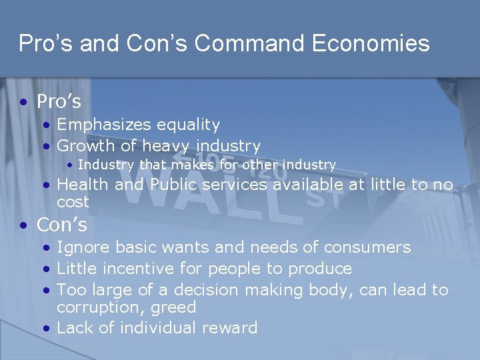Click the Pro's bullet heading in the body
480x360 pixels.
(59, 102)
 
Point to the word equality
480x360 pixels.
(189, 125)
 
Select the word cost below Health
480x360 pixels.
(73, 201)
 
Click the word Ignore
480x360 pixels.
(83, 247)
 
